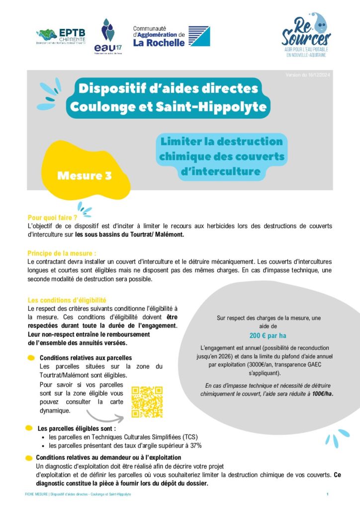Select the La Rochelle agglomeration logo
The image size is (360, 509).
[171, 36]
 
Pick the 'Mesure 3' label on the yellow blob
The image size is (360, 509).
[84, 175]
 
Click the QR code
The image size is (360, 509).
[147, 402]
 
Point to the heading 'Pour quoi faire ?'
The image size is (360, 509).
[52, 218]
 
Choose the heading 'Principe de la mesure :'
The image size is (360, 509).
[62, 253]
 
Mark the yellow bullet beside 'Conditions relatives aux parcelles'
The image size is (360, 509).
[31, 357]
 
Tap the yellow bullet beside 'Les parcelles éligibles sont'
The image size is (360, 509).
[30, 428]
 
